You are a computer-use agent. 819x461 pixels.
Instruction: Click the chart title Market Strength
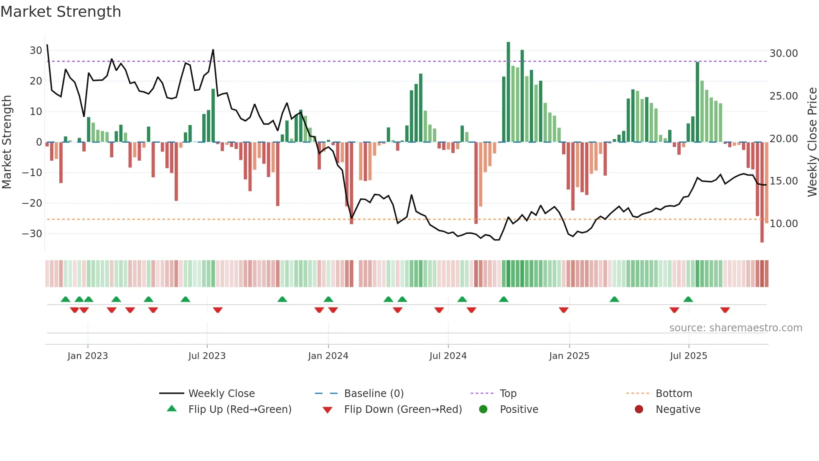(x=61, y=12)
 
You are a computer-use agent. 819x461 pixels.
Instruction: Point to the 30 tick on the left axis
(x=36, y=51)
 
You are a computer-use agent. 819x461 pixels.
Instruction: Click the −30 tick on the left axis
(x=32, y=234)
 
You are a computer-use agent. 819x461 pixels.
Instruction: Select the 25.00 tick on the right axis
(x=783, y=96)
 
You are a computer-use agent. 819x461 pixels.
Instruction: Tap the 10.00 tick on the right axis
(x=783, y=224)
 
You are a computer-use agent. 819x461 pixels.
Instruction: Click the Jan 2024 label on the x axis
(x=328, y=356)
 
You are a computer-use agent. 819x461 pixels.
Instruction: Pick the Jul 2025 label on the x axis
(x=688, y=356)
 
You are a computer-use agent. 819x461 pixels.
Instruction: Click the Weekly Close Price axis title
(x=812, y=142)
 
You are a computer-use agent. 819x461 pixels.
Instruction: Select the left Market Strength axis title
(x=7, y=142)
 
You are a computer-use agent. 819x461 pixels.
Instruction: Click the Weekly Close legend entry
(x=221, y=394)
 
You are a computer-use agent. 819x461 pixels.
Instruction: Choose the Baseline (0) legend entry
(x=374, y=394)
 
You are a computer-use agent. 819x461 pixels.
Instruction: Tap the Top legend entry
(x=508, y=394)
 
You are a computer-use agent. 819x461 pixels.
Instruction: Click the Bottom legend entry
(x=674, y=394)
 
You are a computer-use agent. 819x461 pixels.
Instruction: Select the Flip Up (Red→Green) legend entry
(x=239, y=410)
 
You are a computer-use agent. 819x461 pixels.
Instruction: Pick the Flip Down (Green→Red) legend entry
(x=403, y=410)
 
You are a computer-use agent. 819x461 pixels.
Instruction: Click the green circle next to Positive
(x=483, y=410)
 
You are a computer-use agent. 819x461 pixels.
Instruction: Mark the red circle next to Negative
(x=639, y=410)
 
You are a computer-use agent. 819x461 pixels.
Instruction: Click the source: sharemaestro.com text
(x=735, y=328)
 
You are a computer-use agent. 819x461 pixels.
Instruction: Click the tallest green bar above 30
(x=508, y=92)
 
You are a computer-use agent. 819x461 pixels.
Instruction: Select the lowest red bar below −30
(x=762, y=192)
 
